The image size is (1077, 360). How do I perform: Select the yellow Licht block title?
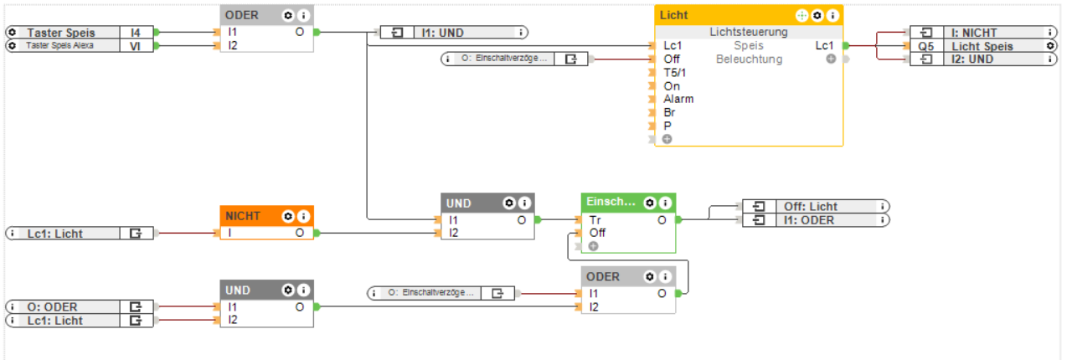coord(674,15)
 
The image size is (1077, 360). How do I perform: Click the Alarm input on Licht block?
coord(678,99)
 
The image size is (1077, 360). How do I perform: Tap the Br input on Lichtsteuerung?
coord(670,112)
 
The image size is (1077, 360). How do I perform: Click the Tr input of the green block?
coord(595,219)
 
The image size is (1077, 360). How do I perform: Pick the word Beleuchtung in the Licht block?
coord(749,59)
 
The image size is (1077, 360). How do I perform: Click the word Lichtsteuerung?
coord(748,33)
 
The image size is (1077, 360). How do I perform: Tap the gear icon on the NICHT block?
coord(288,216)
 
